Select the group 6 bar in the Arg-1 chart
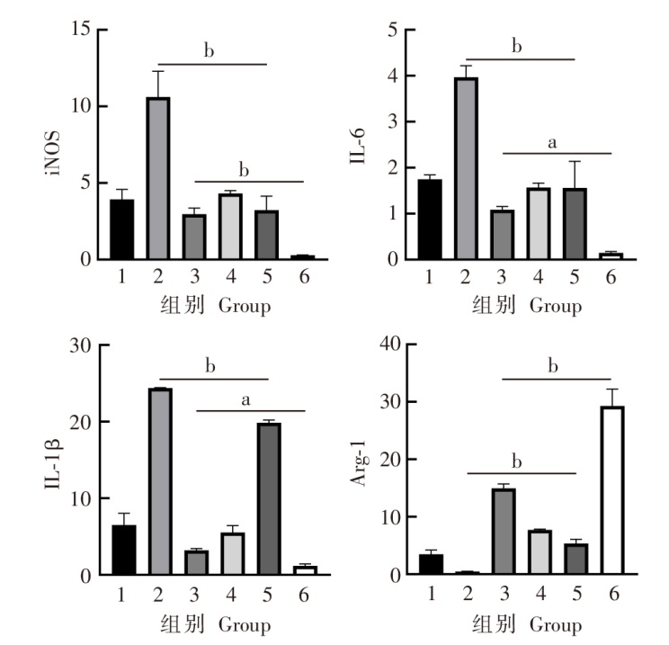[612, 490]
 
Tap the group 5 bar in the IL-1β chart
[267, 498]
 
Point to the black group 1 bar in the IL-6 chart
[430, 219]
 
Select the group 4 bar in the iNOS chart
[230, 227]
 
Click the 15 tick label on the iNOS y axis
[83, 30]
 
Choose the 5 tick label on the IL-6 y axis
[392, 30]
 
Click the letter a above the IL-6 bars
[552, 142]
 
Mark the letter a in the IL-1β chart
[245, 399]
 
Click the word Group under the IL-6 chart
[555, 307]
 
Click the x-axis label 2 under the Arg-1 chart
[467, 592]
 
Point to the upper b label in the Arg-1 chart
[553, 366]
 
